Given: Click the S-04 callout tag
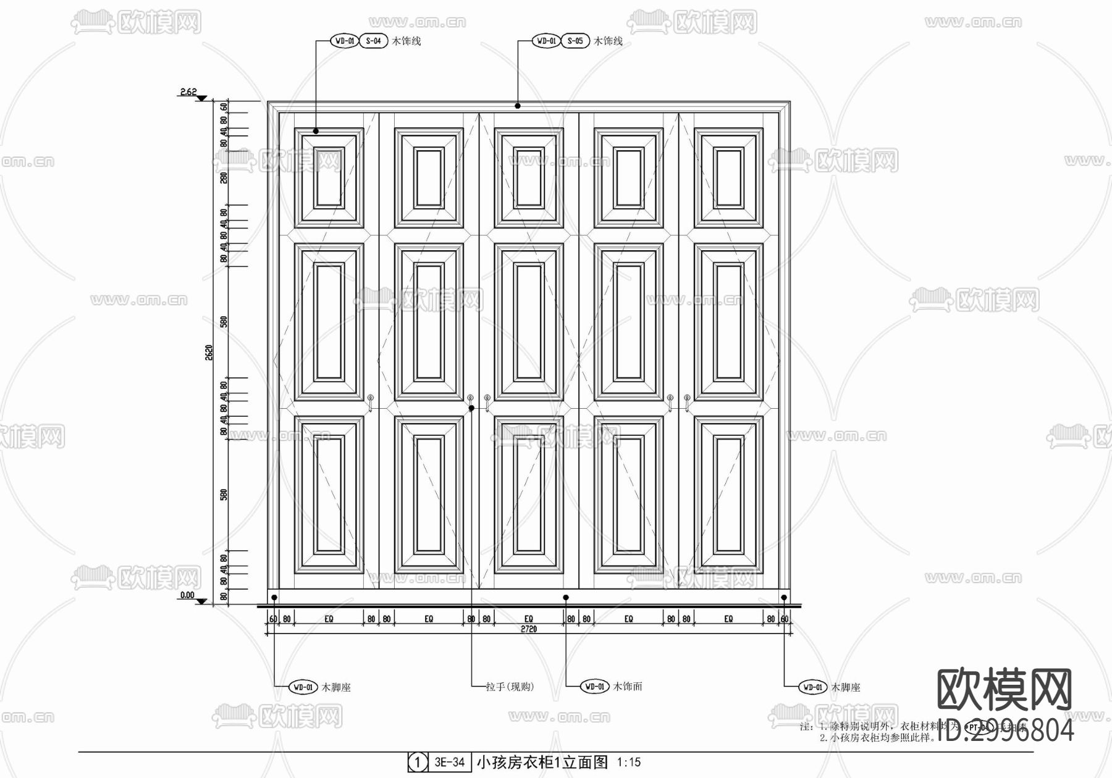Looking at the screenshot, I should pos(373,41).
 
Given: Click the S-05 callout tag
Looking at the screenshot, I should pos(575,41).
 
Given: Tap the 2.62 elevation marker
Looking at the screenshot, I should pos(188,92).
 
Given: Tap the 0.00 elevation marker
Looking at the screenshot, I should pos(187,596).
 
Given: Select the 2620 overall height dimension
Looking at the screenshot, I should pos(209,353).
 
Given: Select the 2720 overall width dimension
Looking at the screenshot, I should pos(529,629).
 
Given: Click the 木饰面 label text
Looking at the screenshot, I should pos(628,686).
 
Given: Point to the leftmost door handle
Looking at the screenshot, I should pos(371,402).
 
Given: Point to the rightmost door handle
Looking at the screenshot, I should pos(687,402).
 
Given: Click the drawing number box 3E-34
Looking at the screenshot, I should pos(449,762).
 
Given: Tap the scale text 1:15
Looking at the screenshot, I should pos(628,763).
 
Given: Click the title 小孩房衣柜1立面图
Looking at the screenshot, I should pos(542,762).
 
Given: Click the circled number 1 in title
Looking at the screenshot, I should pos(418,763).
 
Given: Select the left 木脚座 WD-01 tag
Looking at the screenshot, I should pos(303,687).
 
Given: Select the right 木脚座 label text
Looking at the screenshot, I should pos(845,687).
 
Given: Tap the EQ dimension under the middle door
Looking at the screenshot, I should pos(529,619).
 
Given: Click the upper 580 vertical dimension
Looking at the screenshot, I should pos(224,322).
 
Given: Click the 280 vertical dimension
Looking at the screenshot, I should pos(224,177).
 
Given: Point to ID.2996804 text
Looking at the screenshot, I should pos(1006,730).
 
